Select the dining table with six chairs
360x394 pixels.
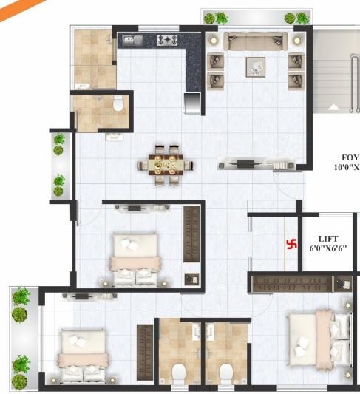point(167,164)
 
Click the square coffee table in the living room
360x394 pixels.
point(256,67)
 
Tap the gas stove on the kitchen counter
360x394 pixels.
point(167,40)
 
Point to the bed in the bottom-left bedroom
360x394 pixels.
point(84,356)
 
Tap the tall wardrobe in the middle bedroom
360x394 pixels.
point(191,234)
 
